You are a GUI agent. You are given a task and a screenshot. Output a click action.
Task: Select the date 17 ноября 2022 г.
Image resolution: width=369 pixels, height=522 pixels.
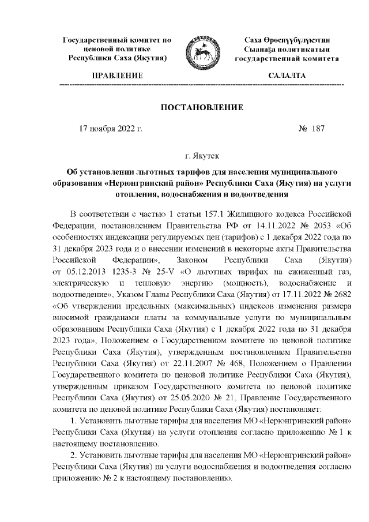110,129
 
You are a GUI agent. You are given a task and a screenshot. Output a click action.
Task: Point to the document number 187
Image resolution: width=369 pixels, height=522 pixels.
318,129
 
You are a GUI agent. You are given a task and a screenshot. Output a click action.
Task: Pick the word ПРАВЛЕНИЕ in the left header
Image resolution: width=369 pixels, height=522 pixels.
118,76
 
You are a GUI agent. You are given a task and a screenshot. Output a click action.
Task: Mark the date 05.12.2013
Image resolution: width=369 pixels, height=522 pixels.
87,271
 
